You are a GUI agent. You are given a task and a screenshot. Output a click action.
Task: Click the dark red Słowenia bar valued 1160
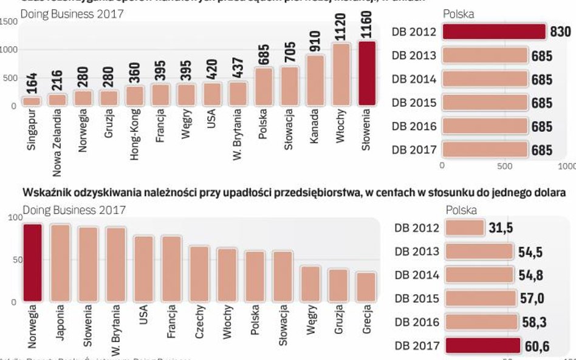pyautogui.click(x=368, y=74)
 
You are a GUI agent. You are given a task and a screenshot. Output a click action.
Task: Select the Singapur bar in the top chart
pyautogui.click(x=32, y=101)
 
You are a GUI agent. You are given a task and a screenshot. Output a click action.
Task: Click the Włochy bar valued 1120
pyautogui.click(x=341, y=75)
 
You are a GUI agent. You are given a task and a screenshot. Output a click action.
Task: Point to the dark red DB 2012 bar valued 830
pyautogui.click(x=493, y=32)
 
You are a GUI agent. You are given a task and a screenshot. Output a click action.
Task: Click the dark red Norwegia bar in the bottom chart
pyautogui.click(x=32, y=263)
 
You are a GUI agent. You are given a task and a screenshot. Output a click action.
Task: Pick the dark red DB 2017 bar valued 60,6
pyautogui.click(x=482, y=345)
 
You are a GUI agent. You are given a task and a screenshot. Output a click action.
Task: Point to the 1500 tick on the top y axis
pyautogui.click(x=9, y=22)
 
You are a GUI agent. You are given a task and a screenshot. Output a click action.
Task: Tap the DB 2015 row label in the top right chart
pyautogui.click(x=414, y=103)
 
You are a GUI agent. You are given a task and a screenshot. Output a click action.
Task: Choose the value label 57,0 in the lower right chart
pyautogui.click(x=532, y=299)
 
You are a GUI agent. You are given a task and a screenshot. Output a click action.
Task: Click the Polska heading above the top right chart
pyautogui.click(x=458, y=14)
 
